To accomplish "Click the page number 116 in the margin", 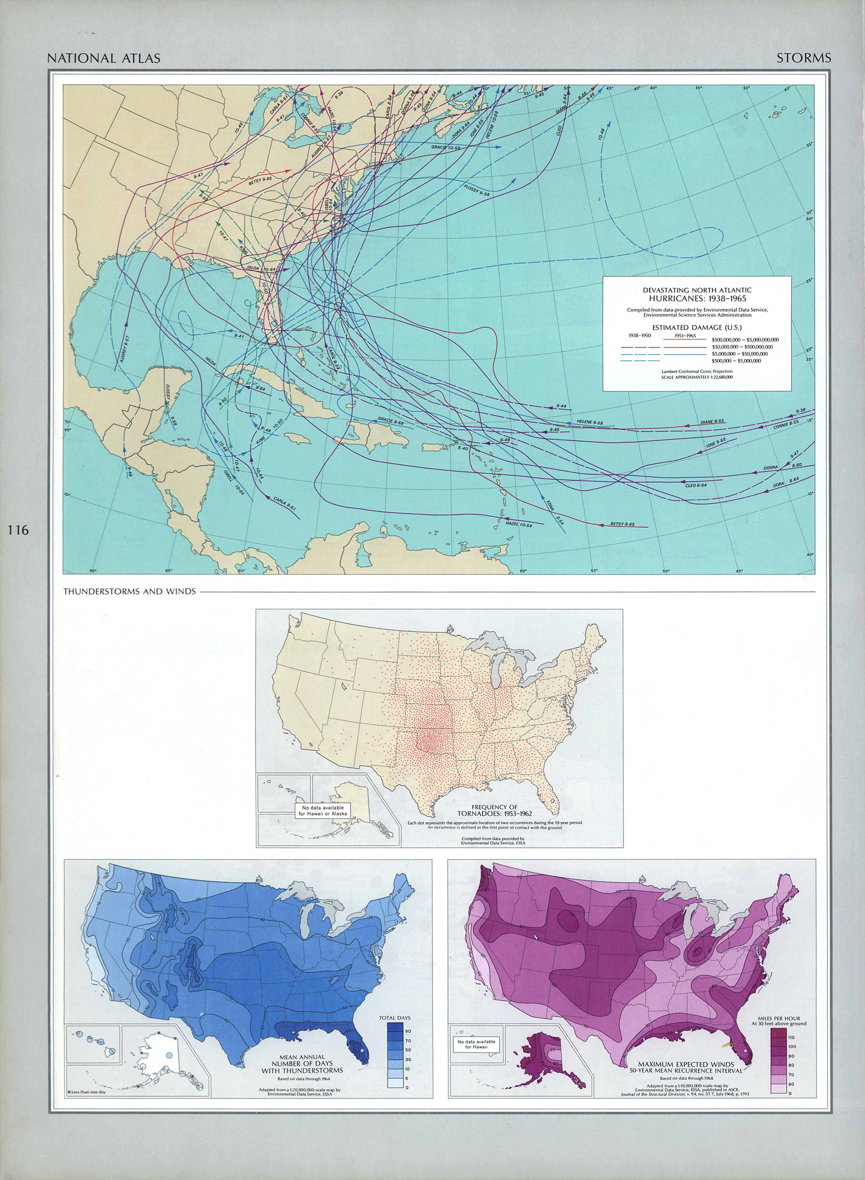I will click(18, 530).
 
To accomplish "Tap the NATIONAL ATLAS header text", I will click(104, 58).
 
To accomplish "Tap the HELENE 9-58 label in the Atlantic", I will click(590, 422).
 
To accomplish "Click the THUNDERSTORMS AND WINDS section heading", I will click(129, 592).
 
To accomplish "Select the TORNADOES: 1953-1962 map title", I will click(494, 814).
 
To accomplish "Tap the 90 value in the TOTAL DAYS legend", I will click(408, 1031).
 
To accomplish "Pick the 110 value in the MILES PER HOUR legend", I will click(791, 1037).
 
